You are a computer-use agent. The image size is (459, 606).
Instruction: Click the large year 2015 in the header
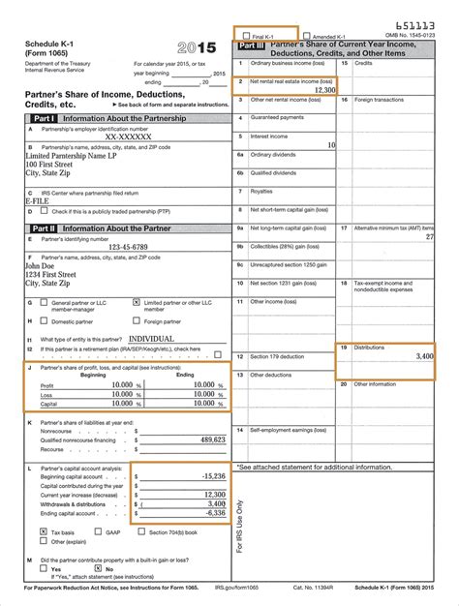click(x=199, y=47)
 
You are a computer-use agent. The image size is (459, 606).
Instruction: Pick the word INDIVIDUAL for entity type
click(x=158, y=339)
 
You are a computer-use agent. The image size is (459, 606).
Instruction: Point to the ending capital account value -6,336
click(x=211, y=513)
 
